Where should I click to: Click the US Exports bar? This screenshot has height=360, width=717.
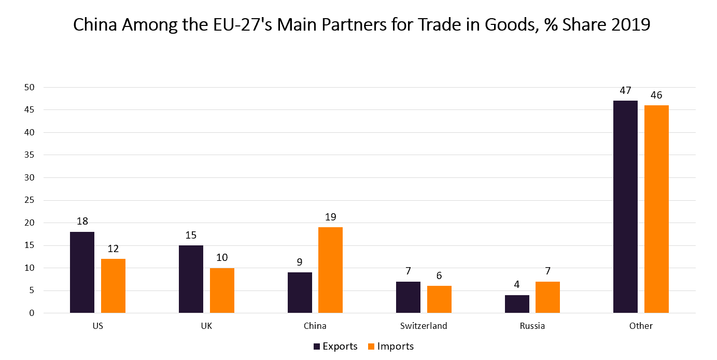[82, 272]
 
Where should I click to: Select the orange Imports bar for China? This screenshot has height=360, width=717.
[330, 270]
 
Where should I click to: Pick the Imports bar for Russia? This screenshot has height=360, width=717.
[547, 297]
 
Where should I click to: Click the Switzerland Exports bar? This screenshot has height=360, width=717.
[408, 297]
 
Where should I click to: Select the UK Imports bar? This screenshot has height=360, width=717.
[222, 290]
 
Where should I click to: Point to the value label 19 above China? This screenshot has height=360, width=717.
[330, 217]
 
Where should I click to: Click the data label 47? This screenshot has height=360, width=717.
[625, 90]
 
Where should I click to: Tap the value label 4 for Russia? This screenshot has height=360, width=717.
[517, 285]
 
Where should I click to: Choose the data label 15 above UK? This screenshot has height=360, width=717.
[191, 235]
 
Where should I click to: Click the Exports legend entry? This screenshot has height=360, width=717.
[335, 346]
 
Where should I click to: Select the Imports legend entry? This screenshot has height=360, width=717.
[390, 346]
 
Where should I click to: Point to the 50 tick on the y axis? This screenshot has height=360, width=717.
[29, 87]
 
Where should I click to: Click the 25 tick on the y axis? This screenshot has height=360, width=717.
[29, 200]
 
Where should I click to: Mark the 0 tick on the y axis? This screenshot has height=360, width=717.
[32, 313]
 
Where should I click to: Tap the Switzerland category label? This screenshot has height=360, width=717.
[424, 326]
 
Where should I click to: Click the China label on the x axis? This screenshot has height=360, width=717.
[315, 326]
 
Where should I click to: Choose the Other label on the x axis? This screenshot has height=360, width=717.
[641, 326]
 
